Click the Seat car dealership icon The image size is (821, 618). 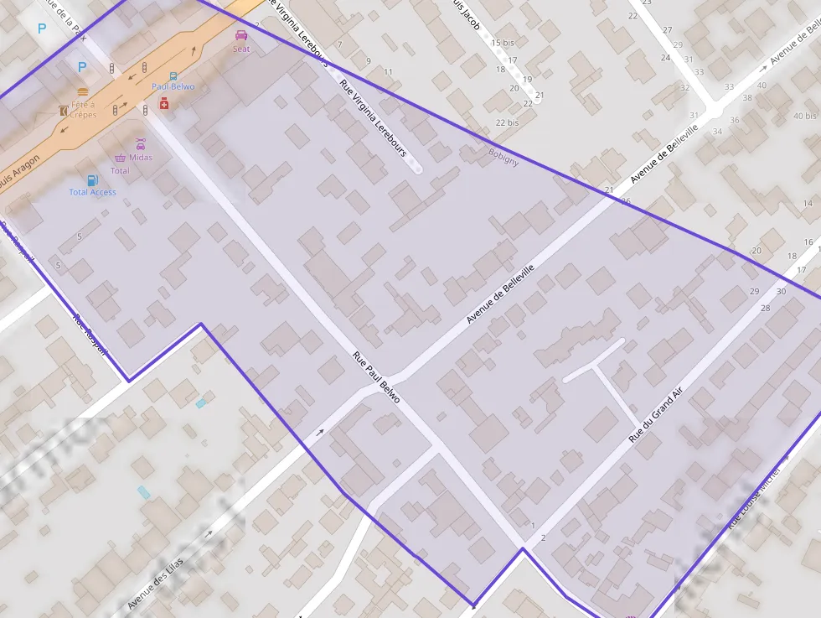[241, 35]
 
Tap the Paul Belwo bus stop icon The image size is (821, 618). [173, 75]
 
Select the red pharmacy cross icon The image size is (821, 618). [164, 102]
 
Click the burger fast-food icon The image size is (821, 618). [82, 91]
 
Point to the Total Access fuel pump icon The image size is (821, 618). [92, 179]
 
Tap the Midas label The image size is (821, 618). [141, 158]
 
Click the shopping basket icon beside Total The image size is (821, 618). [120, 158]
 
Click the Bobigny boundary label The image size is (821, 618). [503, 157]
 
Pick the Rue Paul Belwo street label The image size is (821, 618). [376, 378]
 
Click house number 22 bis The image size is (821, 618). [507, 122]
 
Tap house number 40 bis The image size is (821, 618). [803, 116]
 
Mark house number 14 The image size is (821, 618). [808, 204]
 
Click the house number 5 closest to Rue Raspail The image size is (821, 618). [58, 266]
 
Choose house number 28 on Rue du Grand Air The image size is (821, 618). [765, 309]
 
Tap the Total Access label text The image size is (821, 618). [92, 192]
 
